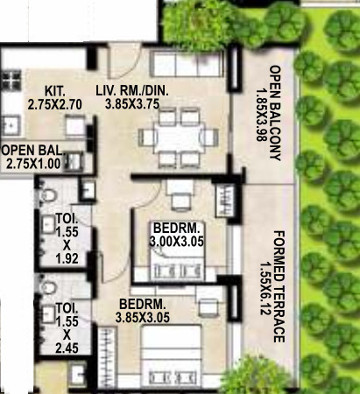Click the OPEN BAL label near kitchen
tap(30, 150)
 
